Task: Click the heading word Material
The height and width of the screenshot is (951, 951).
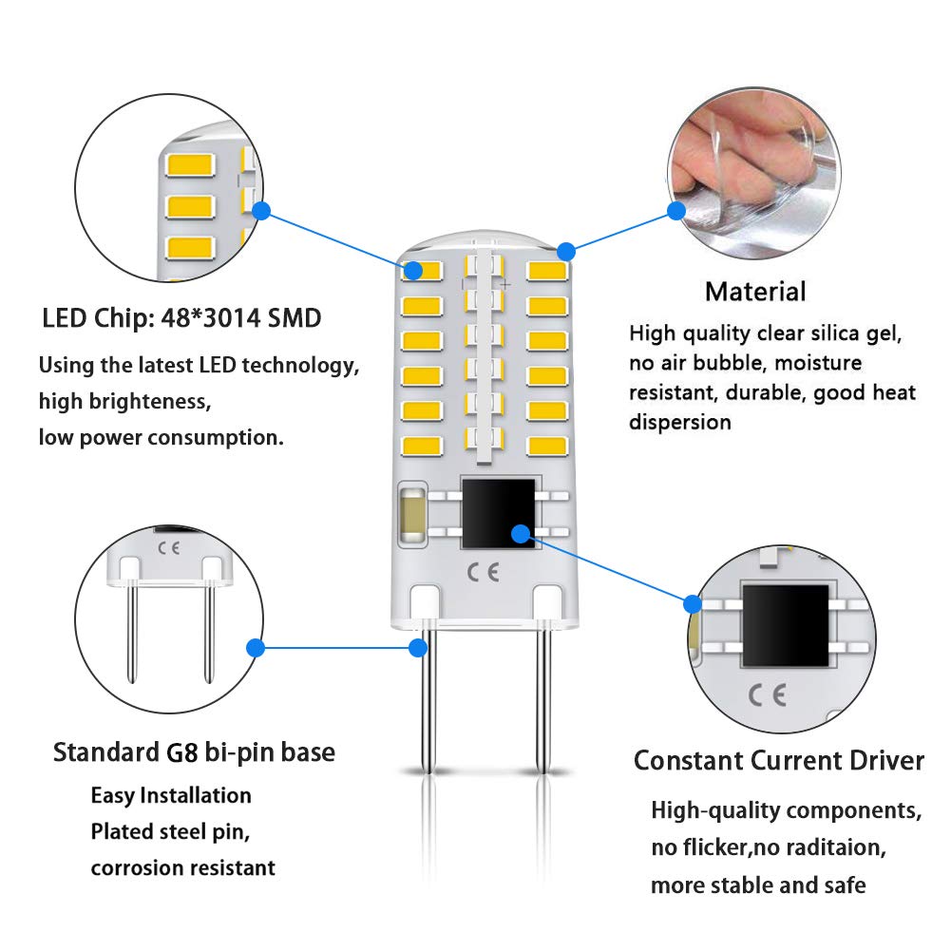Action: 755,292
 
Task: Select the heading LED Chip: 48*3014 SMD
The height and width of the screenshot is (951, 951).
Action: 181,317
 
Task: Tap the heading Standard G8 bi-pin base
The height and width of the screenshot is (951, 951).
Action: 194,753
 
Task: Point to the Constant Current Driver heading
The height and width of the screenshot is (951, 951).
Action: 778,761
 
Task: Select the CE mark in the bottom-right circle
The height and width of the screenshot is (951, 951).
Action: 767,695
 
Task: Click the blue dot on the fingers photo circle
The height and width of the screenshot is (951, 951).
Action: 676,211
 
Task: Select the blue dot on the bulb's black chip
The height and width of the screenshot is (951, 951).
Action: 520,533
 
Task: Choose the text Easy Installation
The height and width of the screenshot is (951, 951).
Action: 171,795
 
